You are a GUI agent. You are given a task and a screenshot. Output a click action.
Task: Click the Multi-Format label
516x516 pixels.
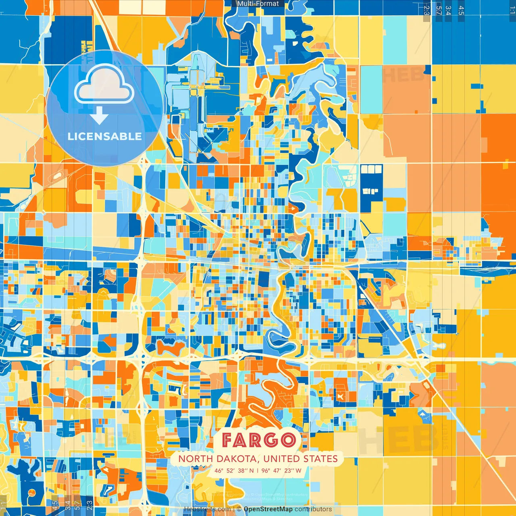[258, 4]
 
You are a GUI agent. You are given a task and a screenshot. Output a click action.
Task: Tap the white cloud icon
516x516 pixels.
[104, 85]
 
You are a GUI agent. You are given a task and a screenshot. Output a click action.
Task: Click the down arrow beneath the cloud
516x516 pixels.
[99, 116]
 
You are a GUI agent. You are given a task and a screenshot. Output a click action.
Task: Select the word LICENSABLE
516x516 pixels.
[105, 136]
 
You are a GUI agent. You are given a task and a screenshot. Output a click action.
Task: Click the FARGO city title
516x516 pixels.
[258, 440]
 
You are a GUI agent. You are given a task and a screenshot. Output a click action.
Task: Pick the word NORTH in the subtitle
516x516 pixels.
[195, 459]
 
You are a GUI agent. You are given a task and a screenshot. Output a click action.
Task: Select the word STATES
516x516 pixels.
[321, 459]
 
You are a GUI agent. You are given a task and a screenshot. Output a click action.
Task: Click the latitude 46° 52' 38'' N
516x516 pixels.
[234, 470]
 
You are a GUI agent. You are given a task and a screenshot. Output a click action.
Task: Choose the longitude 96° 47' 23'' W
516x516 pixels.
[281, 470]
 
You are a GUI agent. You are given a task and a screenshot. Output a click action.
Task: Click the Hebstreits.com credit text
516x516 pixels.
[207, 509]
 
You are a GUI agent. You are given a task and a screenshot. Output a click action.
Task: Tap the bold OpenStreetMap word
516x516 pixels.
[268, 509]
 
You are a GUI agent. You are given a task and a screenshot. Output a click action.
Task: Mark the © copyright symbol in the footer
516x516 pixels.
[239, 509]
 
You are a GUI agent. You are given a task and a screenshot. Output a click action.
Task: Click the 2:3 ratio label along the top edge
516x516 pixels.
[427, 10]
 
